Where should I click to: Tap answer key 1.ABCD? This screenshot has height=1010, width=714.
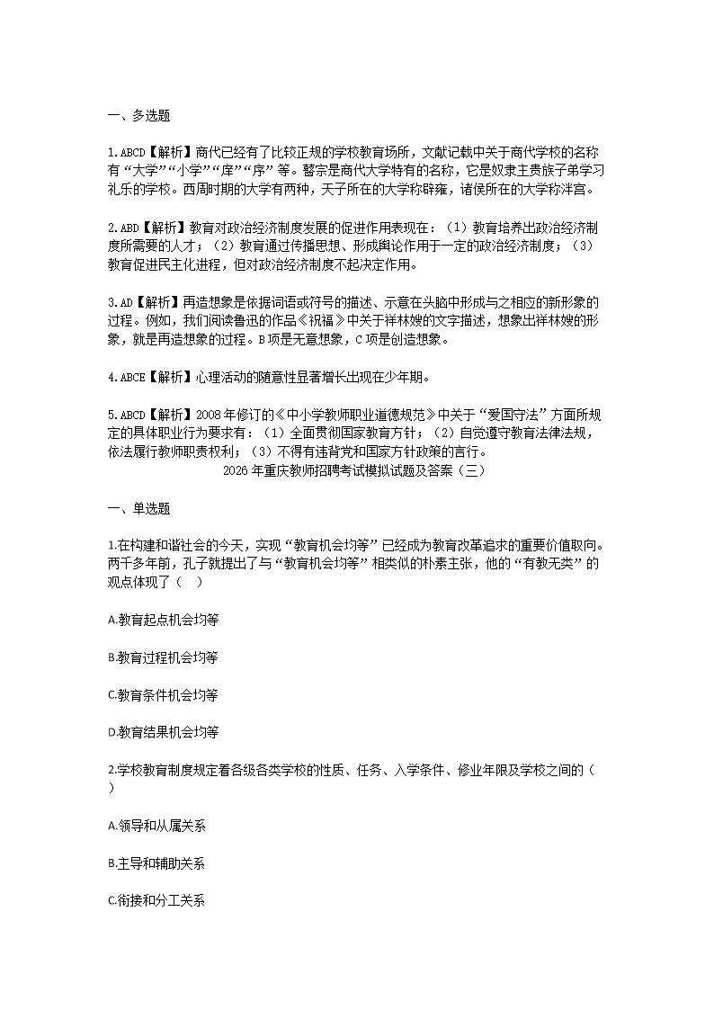tap(125, 153)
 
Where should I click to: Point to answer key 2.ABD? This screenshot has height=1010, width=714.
tap(122, 228)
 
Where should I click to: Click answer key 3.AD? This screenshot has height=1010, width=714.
tap(120, 303)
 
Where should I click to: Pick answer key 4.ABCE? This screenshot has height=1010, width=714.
tap(125, 377)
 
